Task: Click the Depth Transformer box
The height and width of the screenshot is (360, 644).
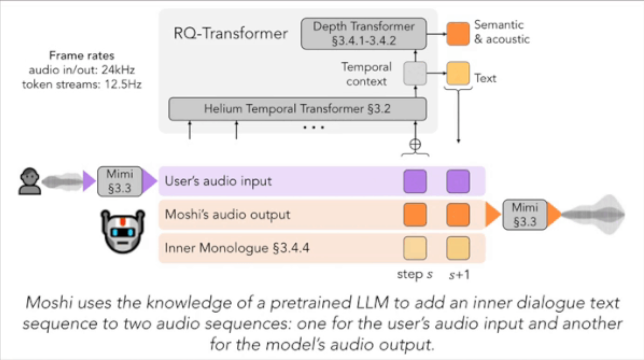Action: pos(363,34)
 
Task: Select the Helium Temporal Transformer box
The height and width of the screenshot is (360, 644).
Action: pos(297,109)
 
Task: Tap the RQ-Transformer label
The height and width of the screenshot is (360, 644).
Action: pos(230,33)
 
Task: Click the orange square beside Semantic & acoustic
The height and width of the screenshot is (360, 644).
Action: pos(458,33)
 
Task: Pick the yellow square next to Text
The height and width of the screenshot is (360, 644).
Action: pos(458,73)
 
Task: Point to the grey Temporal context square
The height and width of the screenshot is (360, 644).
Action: pos(415,73)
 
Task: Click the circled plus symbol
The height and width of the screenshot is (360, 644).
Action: pos(415,145)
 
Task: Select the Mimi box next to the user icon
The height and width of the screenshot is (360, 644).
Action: pos(120,181)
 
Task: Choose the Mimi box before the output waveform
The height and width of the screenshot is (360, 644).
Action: pos(525,215)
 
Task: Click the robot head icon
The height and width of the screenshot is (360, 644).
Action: pos(123,231)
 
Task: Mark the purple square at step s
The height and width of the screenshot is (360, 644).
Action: pos(415,181)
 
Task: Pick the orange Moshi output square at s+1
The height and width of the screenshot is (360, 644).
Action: pos(458,215)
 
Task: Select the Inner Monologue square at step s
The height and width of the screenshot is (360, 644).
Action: pos(415,248)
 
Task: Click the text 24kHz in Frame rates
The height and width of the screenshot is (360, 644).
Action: pos(118,70)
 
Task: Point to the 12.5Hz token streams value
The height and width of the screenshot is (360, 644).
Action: pos(123,85)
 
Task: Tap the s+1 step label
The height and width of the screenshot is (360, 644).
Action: pos(459,275)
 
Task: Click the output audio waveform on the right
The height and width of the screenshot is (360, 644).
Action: pos(594,215)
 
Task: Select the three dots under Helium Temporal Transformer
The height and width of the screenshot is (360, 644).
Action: pos(313,128)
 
